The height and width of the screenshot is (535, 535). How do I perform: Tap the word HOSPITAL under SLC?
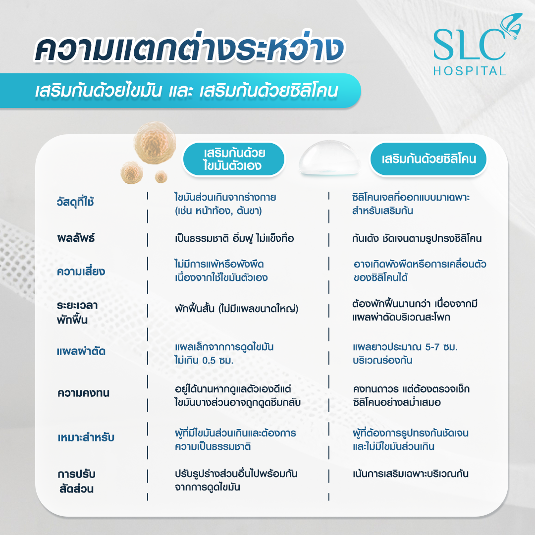(x=470, y=71)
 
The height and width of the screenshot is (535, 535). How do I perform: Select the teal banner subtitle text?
(x=187, y=91)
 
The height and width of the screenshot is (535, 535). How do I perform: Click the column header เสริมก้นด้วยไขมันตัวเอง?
(x=234, y=159)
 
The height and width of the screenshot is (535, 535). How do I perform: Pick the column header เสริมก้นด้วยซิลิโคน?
(x=428, y=159)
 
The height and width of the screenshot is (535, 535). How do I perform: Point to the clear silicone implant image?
(x=329, y=158)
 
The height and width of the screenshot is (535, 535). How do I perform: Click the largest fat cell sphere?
(x=155, y=143)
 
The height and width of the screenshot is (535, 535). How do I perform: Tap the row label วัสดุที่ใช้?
(x=75, y=202)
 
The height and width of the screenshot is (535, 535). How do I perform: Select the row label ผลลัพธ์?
(x=76, y=238)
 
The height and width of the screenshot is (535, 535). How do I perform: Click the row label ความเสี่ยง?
(x=81, y=271)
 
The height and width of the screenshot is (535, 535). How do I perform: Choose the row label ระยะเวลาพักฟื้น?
(x=77, y=312)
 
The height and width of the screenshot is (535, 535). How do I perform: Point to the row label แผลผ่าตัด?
(x=81, y=351)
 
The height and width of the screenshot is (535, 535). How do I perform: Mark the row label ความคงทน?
(x=84, y=393)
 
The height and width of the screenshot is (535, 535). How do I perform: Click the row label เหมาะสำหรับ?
(x=86, y=437)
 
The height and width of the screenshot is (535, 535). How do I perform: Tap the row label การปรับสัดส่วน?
(x=76, y=481)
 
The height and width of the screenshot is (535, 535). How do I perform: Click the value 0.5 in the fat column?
(x=209, y=361)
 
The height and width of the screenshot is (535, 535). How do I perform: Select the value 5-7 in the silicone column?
(x=432, y=347)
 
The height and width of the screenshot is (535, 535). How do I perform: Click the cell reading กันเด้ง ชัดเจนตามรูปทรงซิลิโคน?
(x=417, y=238)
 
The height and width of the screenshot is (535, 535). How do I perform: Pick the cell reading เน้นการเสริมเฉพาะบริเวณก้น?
(x=411, y=474)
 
